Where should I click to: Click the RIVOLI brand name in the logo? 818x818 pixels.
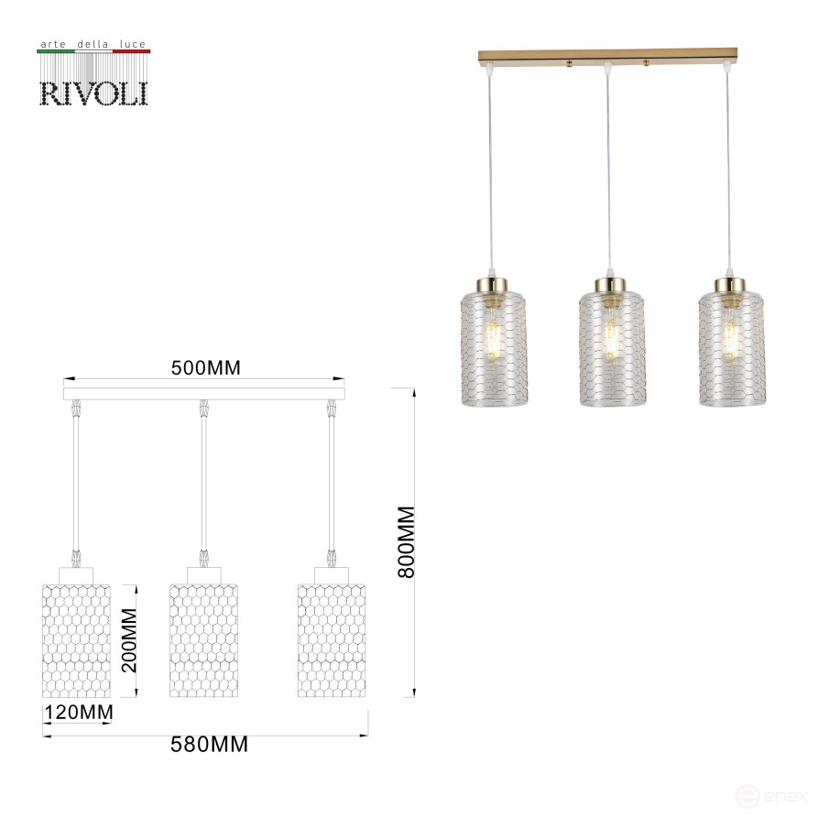coord(93,93)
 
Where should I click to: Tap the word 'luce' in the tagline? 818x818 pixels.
coord(131,44)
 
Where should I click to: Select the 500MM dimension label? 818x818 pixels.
coord(205,368)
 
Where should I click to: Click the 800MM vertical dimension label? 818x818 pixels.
coord(407,541)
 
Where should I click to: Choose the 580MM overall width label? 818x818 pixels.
coord(210,745)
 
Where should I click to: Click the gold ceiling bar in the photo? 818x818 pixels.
coord(608,56)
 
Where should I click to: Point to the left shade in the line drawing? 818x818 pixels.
coord(76,639)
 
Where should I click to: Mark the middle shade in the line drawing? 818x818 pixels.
coord(203,639)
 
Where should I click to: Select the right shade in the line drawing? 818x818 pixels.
coord(331,639)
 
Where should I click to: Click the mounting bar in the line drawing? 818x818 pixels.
coord(203,393)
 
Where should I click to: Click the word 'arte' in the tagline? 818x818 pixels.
coord(52,44)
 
